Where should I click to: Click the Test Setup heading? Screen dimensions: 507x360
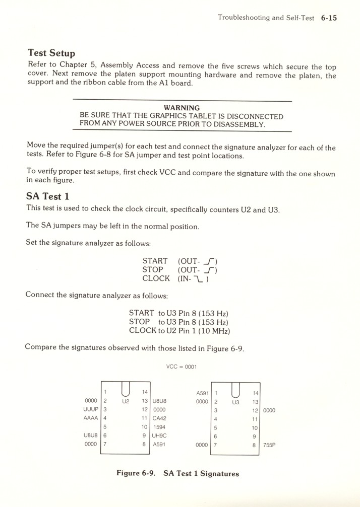tap(51, 53)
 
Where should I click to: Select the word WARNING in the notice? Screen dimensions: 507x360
tap(182, 108)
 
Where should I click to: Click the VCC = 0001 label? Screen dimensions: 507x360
tap(181, 368)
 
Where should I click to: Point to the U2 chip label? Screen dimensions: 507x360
tap(126, 402)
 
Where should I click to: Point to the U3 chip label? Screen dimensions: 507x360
tap(234, 402)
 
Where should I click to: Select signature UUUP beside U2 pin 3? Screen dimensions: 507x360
tap(90, 410)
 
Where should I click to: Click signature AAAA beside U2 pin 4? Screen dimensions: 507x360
tap(90, 418)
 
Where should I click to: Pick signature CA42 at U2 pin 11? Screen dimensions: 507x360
tap(159, 418)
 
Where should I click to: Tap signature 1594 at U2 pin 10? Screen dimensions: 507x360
tap(159, 427)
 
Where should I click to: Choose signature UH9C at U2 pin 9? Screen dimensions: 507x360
tap(160, 436)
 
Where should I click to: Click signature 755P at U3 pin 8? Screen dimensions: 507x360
tap(269, 445)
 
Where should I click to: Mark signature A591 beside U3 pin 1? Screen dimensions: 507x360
tap(202, 393)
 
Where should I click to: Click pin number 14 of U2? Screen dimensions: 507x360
tap(144, 392)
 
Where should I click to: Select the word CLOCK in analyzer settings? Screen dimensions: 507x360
tap(156, 278)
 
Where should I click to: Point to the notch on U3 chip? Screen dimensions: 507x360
tap(234, 388)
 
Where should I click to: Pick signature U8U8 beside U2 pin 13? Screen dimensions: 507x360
tap(159, 401)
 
